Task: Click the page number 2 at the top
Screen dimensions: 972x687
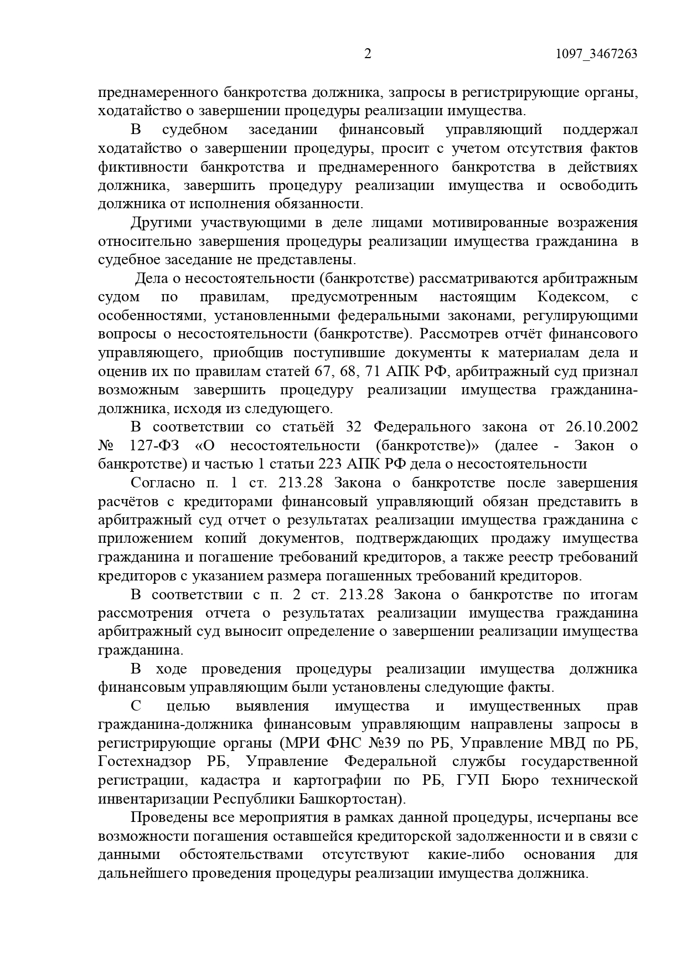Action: pyautogui.click(x=368, y=54)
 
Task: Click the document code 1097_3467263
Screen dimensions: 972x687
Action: pyautogui.click(x=596, y=54)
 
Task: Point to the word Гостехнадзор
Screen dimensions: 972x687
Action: pyautogui.click(x=146, y=762)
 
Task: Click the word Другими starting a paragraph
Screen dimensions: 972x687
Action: pyautogui.click(x=161, y=223)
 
